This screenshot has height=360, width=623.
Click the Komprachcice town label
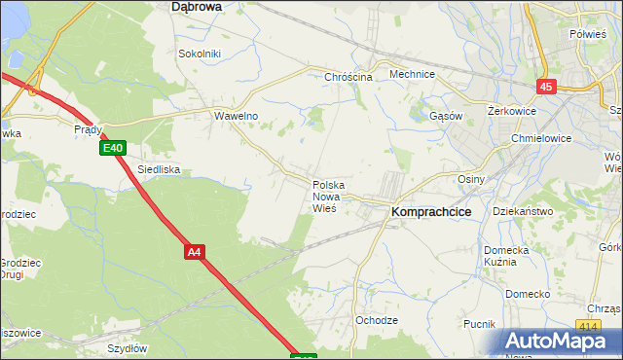431,210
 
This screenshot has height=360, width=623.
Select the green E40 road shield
112,148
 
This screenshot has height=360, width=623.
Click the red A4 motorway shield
195,252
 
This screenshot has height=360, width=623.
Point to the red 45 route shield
545,87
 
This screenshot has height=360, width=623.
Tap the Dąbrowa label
196,6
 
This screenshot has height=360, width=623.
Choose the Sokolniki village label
200,54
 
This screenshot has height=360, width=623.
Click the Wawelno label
235,115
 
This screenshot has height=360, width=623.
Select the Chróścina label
349,77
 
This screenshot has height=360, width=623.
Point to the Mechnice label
411,74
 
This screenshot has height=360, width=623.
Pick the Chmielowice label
540,138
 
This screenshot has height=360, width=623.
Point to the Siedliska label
159,169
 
